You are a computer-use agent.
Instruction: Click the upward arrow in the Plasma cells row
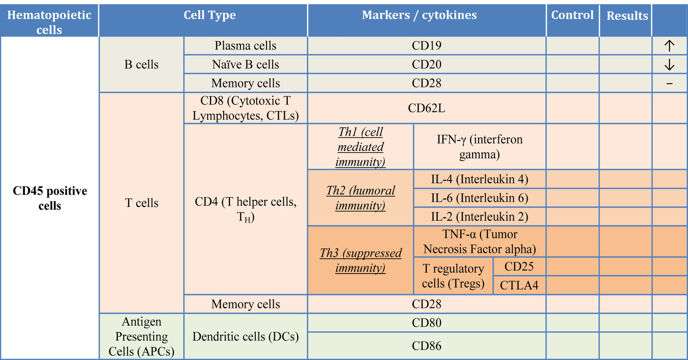(x=670, y=46)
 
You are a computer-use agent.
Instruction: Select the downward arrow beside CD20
(x=670, y=65)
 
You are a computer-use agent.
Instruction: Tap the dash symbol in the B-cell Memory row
(x=670, y=83)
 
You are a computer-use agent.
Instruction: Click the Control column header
(x=572, y=15)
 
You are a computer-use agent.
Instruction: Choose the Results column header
(x=627, y=15)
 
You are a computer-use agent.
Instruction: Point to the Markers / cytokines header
(x=419, y=15)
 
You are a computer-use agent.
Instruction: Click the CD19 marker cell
(x=427, y=46)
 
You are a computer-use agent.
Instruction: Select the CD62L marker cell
(x=427, y=108)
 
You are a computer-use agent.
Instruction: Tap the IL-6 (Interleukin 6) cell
(x=479, y=198)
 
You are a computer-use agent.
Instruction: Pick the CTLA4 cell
(x=519, y=285)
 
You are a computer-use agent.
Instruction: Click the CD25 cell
(x=519, y=266)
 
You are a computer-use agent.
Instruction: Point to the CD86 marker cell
(x=427, y=346)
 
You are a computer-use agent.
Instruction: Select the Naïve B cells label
(x=246, y=65)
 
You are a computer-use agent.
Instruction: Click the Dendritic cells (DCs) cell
(x=246, y=337)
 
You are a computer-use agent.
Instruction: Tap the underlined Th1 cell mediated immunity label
(x=361, y=147)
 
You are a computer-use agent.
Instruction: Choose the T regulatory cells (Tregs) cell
(x=453, y=276)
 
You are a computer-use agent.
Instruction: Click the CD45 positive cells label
(x=50, y=198)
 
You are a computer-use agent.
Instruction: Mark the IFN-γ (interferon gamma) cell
(x=479, y=147)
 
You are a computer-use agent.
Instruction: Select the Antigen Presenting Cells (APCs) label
(x=141, y=336)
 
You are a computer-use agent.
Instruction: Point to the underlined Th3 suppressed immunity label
(x=361, y=261)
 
